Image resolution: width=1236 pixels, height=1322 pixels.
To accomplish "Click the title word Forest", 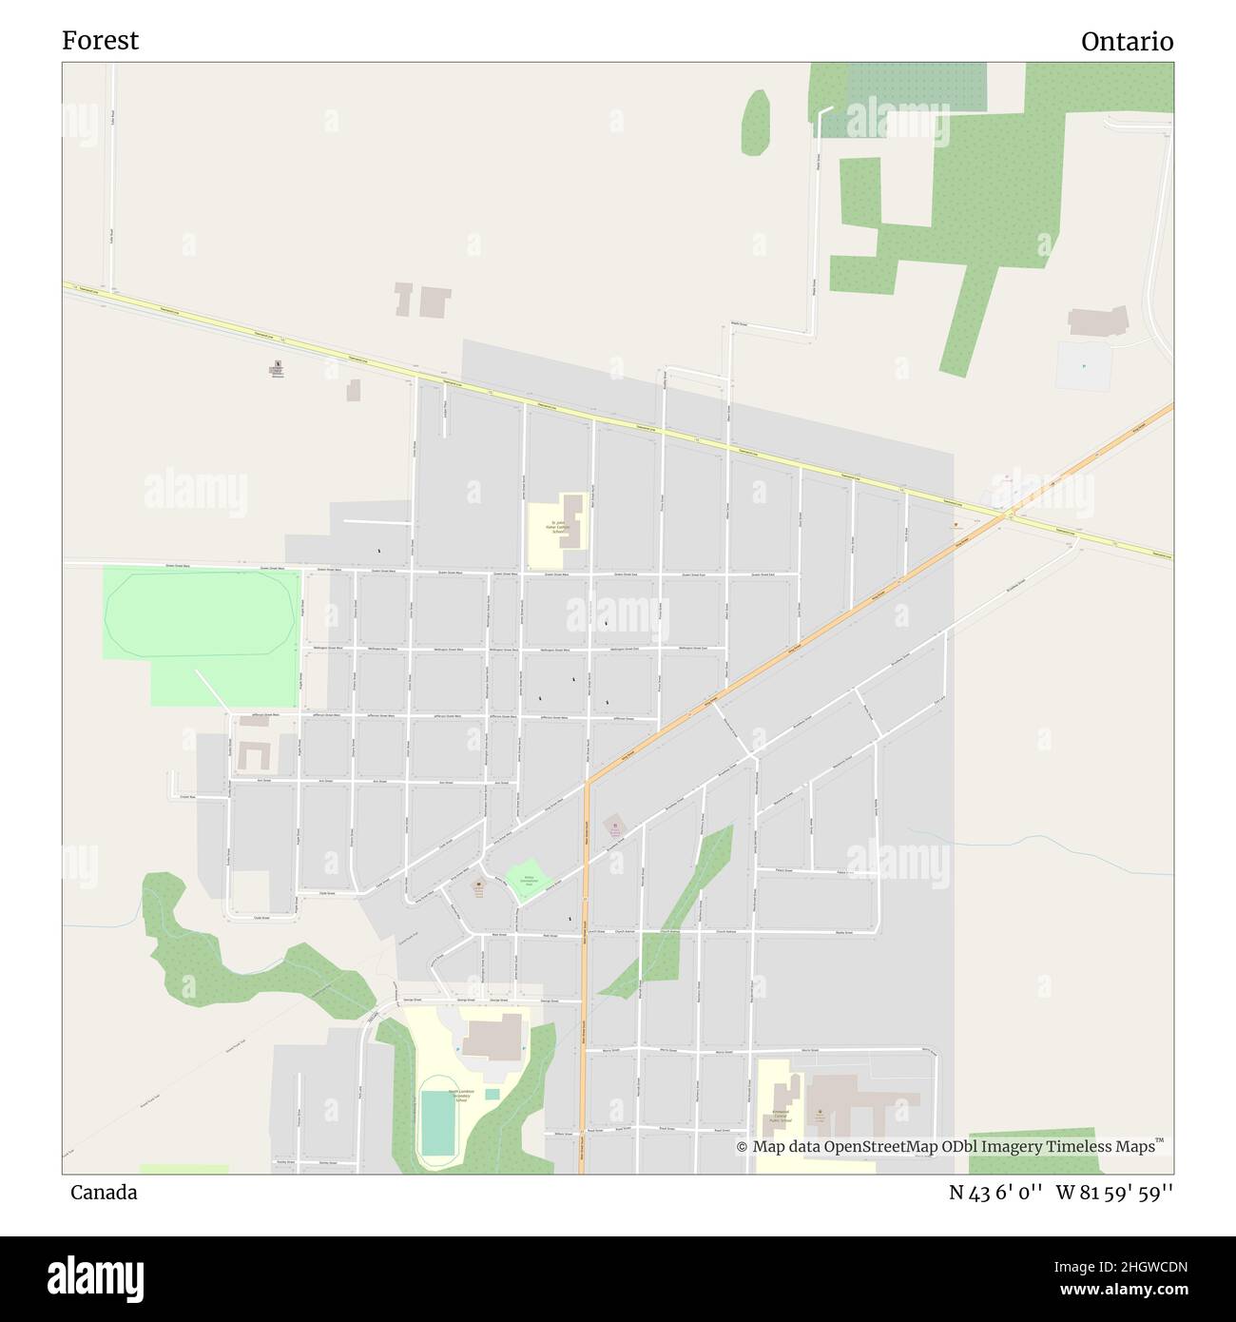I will (x=100, y=40).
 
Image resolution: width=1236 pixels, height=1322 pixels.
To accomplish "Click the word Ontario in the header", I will (x=1127, y=42).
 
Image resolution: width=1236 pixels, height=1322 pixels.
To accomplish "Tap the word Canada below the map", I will (x=103, y=1192).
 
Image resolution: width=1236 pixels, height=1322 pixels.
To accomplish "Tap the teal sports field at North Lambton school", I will (x=437, y=1123).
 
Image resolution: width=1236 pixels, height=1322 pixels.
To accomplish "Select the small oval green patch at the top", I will (x=756, y=122).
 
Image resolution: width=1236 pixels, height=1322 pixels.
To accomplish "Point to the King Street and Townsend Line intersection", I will (x=1008, y=515).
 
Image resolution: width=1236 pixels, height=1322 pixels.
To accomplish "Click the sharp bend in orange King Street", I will (x=588, y=784).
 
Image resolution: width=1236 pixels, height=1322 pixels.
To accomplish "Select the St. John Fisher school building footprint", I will (x=570, y=520).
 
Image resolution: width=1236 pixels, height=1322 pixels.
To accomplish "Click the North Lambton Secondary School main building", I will (x=492, y=1037).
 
